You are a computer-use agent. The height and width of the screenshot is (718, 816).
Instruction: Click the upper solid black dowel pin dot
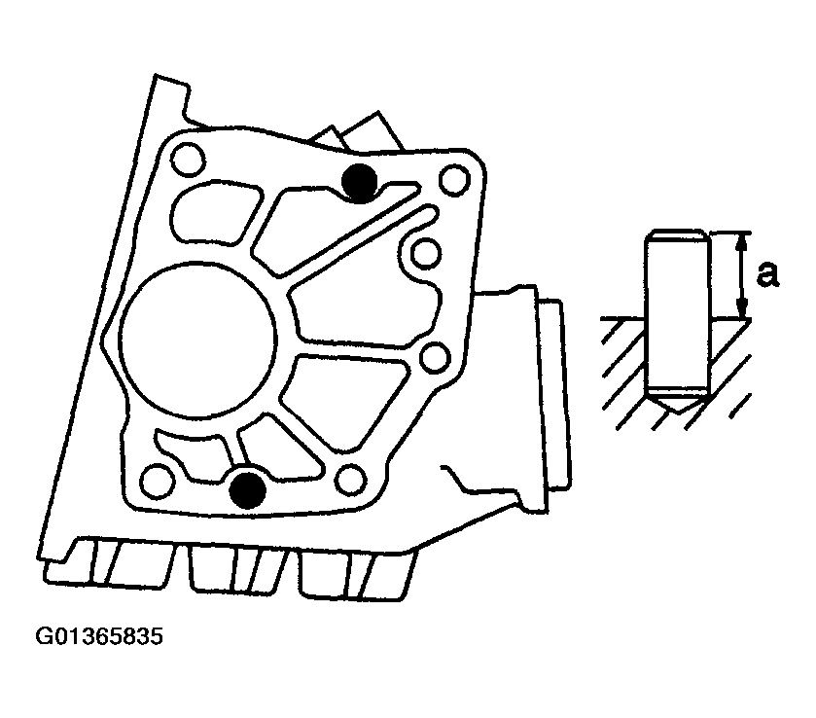(359, 182)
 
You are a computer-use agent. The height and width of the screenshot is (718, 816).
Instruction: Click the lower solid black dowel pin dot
(248, 490)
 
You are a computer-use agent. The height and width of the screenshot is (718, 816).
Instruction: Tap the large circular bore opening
(197, 340)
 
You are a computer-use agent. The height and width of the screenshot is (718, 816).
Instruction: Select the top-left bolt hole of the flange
(188, 160)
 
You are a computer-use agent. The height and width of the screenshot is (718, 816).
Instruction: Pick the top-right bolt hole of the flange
(455, 180)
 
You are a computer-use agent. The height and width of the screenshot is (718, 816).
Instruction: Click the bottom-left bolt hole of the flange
(158, 479)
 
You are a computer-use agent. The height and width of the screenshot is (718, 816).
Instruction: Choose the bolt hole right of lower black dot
(351, 480)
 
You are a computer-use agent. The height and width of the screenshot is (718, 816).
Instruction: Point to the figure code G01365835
(99, 637)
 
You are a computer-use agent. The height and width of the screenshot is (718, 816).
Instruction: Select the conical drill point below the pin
(677, 401)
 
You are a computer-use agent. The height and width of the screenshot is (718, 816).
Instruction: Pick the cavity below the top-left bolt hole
(215, 212)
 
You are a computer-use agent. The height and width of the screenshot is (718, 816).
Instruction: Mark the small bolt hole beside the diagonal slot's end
(426, 254)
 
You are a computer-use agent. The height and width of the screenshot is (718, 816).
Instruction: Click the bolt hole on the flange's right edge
(435, 357)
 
